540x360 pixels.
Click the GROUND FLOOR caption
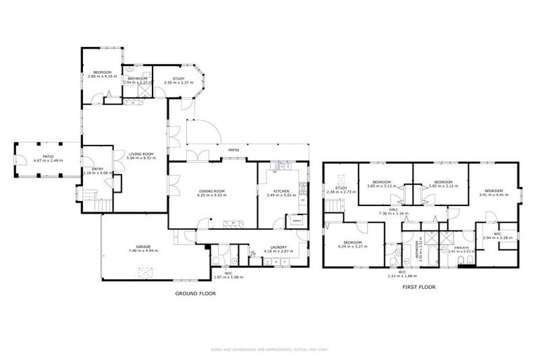coord(195,293)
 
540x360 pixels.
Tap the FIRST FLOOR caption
coord(419,287)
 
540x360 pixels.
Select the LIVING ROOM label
coord(140,154)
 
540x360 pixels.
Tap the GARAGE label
coord(136,247)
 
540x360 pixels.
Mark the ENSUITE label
coord(461,247)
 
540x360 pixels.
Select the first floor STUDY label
coord(341,188)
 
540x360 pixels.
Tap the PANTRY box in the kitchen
coord(297,221)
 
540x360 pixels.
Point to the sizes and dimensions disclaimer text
coord(269,349)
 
